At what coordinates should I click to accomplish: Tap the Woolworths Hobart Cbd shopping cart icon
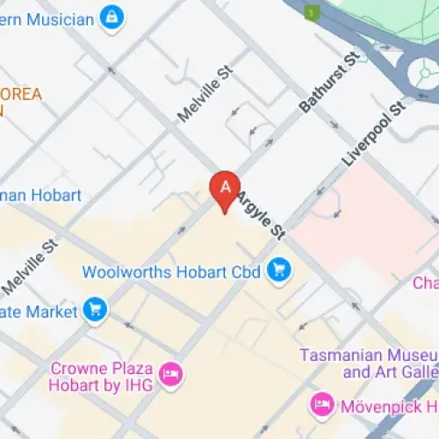(279, 271)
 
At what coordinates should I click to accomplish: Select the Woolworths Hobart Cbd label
(171, 271)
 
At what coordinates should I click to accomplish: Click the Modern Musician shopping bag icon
(111, 17)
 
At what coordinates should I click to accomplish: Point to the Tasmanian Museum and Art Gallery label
(367, 363)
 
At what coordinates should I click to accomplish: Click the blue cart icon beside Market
(95, 310)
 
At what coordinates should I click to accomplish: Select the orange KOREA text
(21, 95)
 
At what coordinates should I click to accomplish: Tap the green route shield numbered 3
(309, 11)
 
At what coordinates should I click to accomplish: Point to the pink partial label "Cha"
(426, 283)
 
